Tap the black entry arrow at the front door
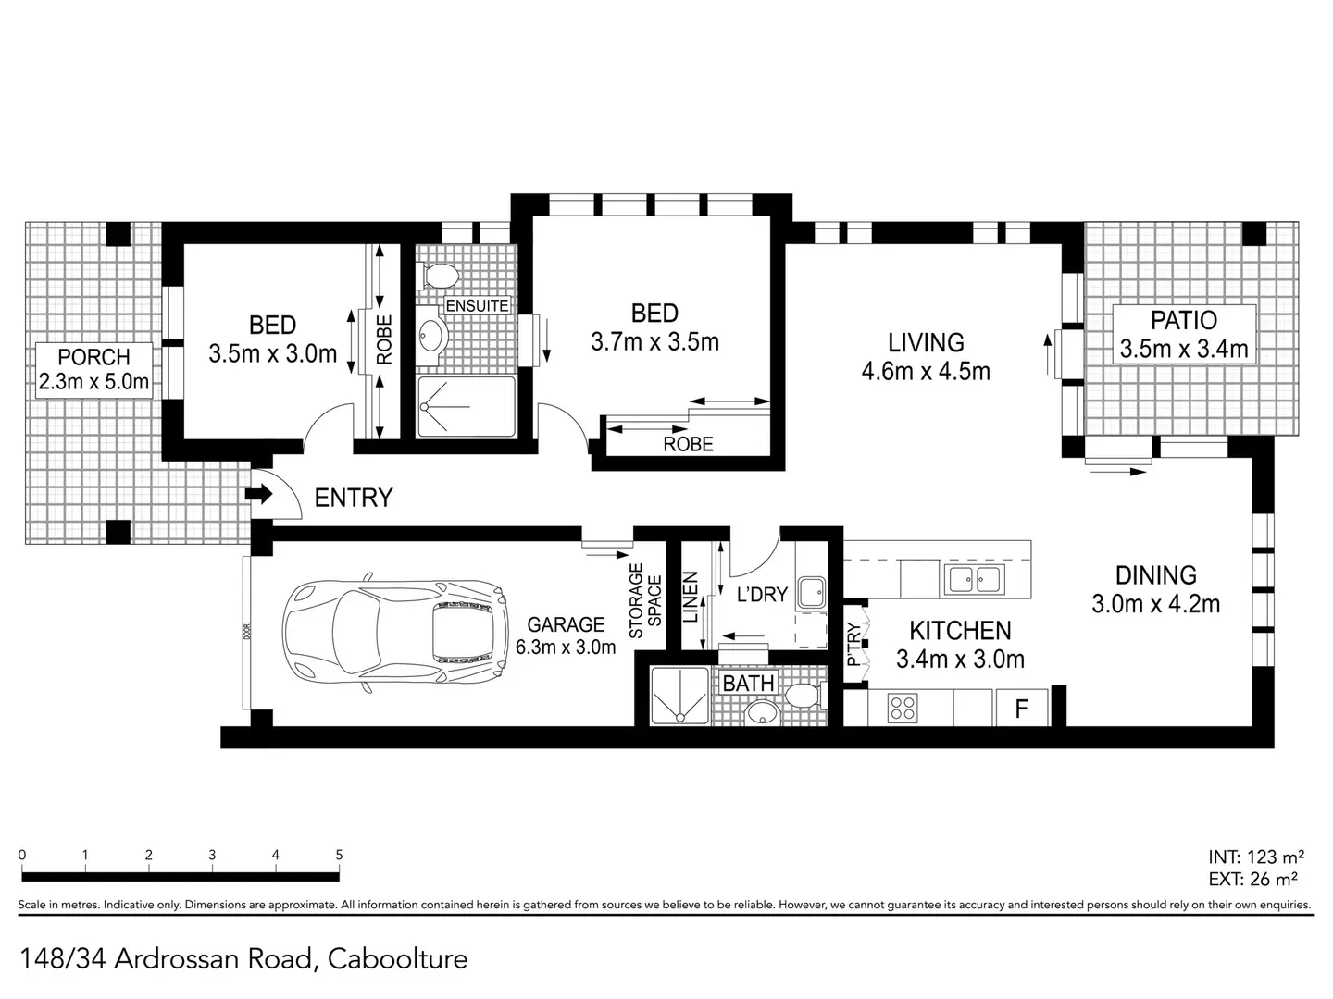pos(258,495)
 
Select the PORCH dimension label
pos(93,369)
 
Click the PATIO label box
pos(1183,334)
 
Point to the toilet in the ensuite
pos(441,275)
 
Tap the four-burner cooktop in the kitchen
pos(903,709)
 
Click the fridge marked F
pos(1022,709)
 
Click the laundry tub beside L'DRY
pos(812,590)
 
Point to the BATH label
pos(748,684)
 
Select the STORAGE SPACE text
pos(645,601)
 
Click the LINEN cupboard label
pos(691,598)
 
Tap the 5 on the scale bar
pos(339,856)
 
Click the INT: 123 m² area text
pos(1256,857)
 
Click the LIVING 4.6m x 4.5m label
pos(926,357)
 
